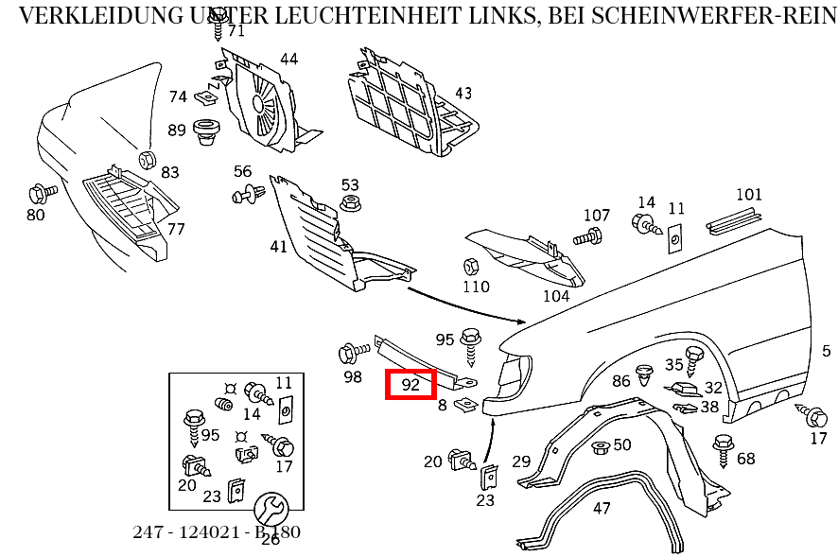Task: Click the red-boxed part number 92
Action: (x=410, y=385)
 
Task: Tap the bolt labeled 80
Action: (x=41, y=193)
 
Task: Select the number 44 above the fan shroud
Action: (x=288, y=59)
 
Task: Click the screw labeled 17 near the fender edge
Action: (x=814, y=415)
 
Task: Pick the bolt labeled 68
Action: (x=724, y=445)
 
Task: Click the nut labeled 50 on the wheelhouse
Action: (x=599, y=446)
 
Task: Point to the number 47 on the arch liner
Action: (x=602, y=508)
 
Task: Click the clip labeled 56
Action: (x=247, y=195)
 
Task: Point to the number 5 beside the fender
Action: (x=826, y=351)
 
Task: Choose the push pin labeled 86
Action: (x=646, y=375)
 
